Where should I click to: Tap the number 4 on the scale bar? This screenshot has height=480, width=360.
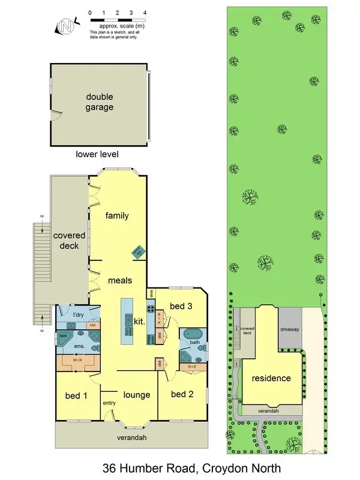(x=145, y=12)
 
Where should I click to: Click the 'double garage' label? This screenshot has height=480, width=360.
(x=100, y=102)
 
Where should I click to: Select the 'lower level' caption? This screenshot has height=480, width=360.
(x=97, y=154)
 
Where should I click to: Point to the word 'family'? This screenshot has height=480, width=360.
(x=118, y=215)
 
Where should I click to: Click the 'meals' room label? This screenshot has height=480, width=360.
(x=120, y=280)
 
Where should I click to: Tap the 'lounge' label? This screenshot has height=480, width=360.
(x=136, y=395)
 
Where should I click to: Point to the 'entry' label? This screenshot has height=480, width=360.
(x=109, y=403)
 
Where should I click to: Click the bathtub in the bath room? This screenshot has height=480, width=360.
(x=193, y=334)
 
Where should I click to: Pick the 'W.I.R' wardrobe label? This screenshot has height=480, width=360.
(x=79, y=361)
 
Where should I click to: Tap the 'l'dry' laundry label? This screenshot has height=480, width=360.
(x=78, y=315)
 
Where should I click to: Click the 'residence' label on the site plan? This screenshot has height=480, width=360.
(x=271, y=378)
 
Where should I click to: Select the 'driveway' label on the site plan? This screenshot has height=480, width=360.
(x=290, y=329)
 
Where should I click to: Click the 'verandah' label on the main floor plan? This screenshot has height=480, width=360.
(x=131, y=437)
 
